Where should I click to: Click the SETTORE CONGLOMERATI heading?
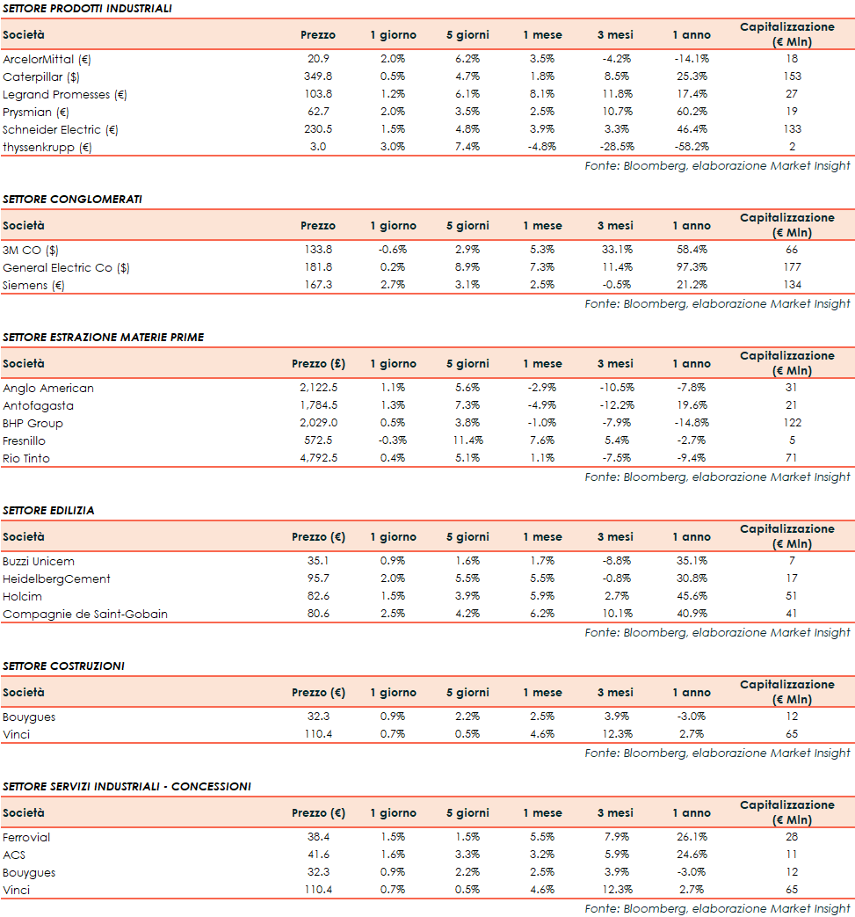click(x=72, y=199)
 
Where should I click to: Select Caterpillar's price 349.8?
click(x=317, y=76)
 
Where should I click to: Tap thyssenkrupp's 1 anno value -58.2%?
click(x=691, y=147)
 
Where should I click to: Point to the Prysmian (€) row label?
click(x=35, y=112)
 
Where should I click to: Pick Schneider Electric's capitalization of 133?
click(x=792, y=129)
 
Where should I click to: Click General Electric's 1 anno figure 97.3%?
click(x=691, y=267)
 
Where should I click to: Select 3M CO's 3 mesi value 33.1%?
click(x=615, y=250)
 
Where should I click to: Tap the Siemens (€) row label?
click(x=33, y=285)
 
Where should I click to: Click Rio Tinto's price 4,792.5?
click(x=318, y=458)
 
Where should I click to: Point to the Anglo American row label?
click(x=48, y=388)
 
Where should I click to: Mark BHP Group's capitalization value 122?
click(x=792, y=423)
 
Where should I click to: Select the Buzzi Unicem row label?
click(x=39, y=561)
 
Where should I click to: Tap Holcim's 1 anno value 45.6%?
click(x=691, y=596)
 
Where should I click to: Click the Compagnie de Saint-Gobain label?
click(x=85, y=614)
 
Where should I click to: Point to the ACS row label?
click(x=15, y=855)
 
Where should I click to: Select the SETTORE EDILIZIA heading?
click(x=48, y=510)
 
